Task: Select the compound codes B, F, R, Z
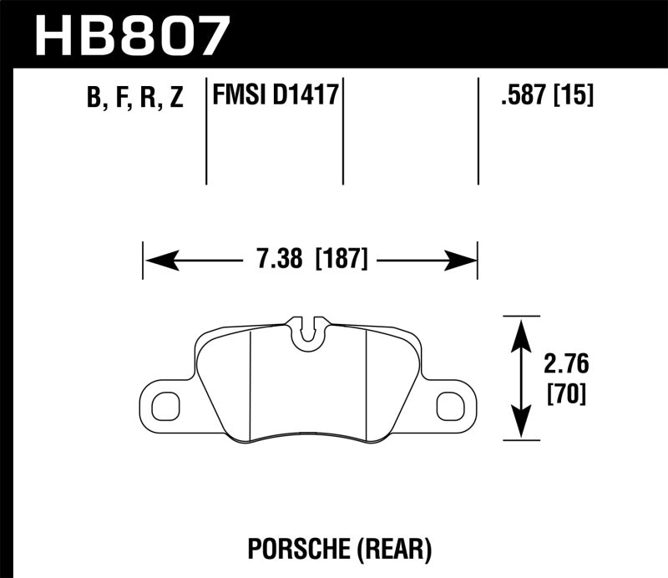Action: (x=134, y=99)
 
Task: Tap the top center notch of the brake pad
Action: (x=310, y=330)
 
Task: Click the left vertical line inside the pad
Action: (x=251, y=380)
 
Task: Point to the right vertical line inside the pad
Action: (x=368, y=380)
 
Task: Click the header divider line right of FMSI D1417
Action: (x=343, y=134)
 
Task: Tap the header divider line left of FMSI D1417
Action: (x=206, y=134)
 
